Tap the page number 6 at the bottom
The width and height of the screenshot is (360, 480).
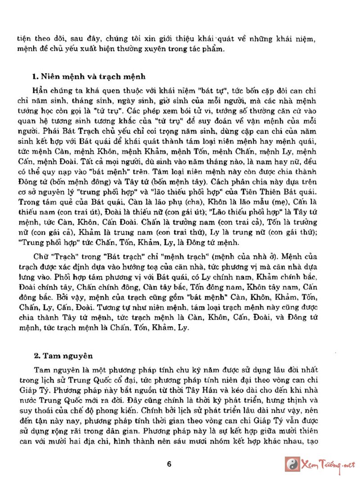[169, 464]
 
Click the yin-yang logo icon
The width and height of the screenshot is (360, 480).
[292, 464]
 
